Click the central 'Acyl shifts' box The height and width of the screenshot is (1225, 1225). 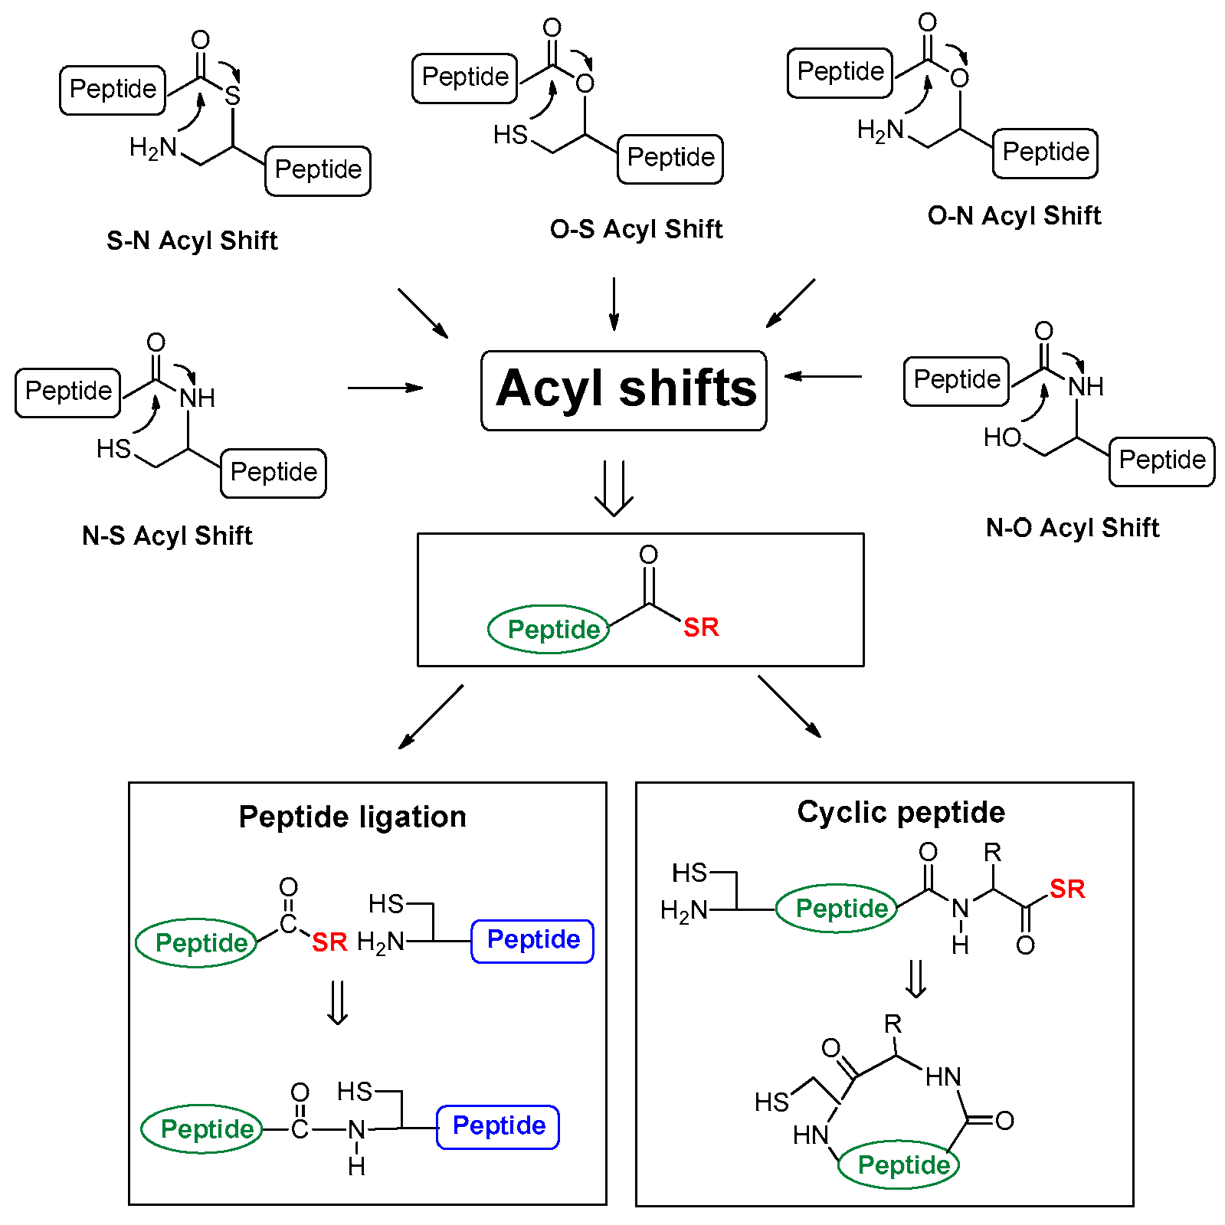[x=624, y=390]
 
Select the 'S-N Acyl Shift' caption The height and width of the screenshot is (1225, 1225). [x=192, y=241]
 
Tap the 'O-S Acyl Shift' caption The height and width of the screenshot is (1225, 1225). [x=636, y=229]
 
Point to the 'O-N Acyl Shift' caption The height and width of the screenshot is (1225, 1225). [x=1014, y=216]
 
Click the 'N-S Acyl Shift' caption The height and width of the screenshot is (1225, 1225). [x=167, y=536]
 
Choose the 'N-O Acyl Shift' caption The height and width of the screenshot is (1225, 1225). [x=1072, y=528]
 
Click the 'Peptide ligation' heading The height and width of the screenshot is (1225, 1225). [x=352, y=817]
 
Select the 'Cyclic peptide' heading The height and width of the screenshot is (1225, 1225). [x=900, y=812]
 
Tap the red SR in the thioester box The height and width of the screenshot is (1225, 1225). [x=701, y=627]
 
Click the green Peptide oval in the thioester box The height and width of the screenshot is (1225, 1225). [x=549, y=629]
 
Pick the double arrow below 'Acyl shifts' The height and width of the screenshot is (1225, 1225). [x=614, y=488]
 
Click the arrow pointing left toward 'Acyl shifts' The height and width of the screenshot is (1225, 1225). [x=823, y=376]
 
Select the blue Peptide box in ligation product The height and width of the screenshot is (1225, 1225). [x=498, y=1126]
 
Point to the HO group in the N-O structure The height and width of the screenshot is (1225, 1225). [x=1002, y=437]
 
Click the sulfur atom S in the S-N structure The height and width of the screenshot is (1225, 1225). [x=233, y=96]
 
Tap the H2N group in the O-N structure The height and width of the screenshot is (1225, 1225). [x=880, y=130]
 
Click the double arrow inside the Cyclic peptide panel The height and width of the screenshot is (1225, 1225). [x=915, y=978]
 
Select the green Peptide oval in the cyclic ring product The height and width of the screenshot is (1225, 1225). [x=899, y=1164]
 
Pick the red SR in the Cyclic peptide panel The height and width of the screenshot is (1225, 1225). [x=1067, y=889]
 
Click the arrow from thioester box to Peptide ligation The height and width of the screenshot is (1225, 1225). [x=431, y=717]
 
